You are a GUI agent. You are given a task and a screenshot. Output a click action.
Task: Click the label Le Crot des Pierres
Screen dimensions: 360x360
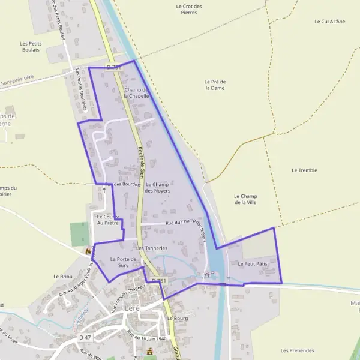189,9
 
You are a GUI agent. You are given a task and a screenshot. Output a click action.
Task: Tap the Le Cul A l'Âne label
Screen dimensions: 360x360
330,21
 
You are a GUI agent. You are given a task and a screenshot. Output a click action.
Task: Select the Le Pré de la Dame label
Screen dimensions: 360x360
214,85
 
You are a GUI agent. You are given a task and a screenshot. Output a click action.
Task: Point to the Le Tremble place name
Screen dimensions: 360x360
304,170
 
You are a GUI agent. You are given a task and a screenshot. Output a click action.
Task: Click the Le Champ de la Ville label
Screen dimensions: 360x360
245,199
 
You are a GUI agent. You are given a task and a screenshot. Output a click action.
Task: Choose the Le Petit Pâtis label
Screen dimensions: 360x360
253,263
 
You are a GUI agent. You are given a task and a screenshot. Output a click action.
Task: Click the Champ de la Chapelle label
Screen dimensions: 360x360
137,93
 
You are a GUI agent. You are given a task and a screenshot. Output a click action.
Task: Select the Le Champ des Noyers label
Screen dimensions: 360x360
157,187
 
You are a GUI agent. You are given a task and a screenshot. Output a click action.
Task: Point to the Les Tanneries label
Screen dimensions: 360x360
152,247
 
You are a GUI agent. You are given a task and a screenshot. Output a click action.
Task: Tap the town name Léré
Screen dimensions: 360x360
131,308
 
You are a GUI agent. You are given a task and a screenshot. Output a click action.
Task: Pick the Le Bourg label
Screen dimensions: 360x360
178,318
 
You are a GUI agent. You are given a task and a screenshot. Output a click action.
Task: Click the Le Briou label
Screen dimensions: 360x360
62,277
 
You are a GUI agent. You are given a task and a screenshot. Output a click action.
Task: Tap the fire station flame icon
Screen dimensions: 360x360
88,251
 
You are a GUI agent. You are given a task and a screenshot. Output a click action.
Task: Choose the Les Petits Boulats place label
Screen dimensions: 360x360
29,46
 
